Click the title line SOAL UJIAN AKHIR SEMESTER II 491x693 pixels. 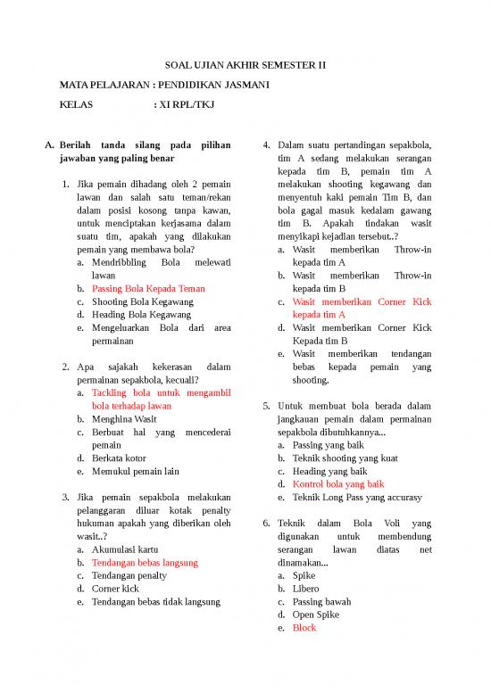pos(245,65)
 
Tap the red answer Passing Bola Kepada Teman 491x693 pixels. pos(148,288)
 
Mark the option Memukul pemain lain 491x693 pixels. pos(136,471)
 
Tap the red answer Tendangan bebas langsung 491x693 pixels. pos(145,563)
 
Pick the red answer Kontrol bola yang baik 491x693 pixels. pos(338,484)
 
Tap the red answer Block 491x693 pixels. pos(304,628)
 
